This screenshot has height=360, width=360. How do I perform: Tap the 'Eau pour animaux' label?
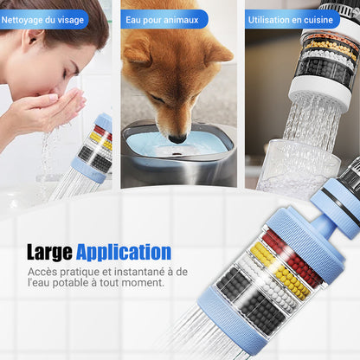pyautogui.click(x=160, y=18)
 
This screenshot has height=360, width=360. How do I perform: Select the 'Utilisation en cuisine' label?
pyautogui.click(x=291, y=18)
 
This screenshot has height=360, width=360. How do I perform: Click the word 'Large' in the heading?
pyautogui.click(x=48, y=253)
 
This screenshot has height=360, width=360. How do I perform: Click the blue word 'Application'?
pyautogui.click(x=123, y=253)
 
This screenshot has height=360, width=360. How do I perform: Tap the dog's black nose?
pyautogui.click(x=177, y=138)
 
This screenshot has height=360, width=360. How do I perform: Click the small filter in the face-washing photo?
pyautogui.click(x=96, y=147)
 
